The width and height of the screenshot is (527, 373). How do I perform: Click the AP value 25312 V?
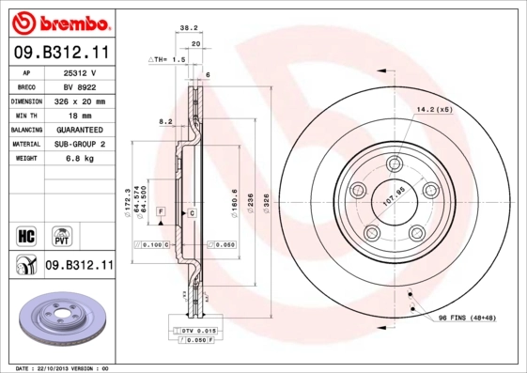point(79,71)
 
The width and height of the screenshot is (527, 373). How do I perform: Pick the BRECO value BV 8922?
point(79,85)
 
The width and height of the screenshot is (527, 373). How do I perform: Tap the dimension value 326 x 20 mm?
point(79,101)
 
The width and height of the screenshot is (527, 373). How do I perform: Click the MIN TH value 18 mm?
point(79,115)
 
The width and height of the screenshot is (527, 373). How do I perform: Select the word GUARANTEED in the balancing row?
point(79,129)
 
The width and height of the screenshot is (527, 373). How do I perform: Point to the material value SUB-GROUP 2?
point(79,144)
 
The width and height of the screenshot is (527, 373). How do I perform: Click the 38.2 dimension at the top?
point(188,28)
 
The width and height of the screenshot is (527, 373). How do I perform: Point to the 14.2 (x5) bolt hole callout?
point(434,110)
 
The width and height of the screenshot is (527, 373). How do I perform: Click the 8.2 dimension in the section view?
point(166,121)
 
